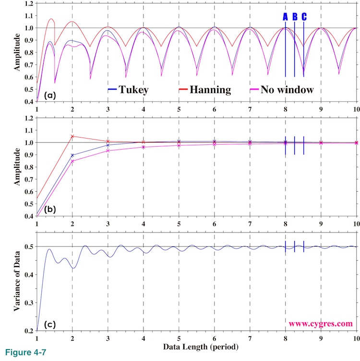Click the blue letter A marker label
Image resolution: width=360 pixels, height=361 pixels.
285,17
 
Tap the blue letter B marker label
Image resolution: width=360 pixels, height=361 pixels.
295,17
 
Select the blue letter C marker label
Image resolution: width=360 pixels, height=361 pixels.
304,17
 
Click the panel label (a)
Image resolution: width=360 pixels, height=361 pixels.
50,95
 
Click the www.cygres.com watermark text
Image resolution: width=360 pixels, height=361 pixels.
321,324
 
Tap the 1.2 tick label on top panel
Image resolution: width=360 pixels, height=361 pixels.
28,3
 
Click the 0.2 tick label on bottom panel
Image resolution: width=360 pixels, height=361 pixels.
28,331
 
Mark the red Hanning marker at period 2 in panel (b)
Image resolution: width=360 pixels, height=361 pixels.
72,136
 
